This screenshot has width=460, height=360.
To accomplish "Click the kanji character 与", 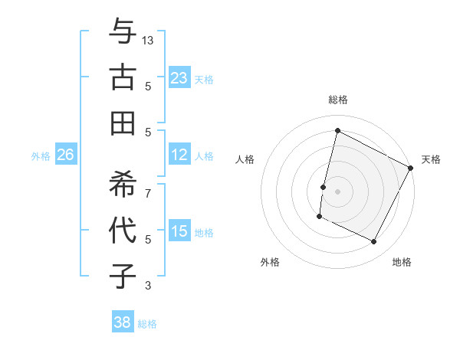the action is tap(123, 32).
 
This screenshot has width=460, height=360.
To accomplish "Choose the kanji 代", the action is tap(123, 230).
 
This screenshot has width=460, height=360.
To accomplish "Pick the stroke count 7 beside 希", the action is tap(148, 185).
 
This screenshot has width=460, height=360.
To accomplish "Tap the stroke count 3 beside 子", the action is tap(148, 286).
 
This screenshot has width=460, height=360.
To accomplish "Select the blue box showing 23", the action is tap(179, 77).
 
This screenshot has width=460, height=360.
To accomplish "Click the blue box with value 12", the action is tap(179, 155).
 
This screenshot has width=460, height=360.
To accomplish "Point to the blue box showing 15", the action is tap(179, 231).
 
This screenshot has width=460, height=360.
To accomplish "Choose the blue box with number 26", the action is tap(65, 155).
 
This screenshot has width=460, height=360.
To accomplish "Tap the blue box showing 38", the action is tap(123, 322).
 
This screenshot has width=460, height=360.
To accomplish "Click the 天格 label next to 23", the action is tap(204, 79).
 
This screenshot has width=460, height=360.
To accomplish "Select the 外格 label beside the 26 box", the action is tap(41, 156).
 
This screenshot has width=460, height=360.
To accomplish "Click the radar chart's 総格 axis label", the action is tap(337, 100).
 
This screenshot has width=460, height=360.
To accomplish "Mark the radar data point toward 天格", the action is tap(411, 169).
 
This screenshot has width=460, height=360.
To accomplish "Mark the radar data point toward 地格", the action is tap(374, 242).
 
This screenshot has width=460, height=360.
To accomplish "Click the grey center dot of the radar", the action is tap(337, 191).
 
